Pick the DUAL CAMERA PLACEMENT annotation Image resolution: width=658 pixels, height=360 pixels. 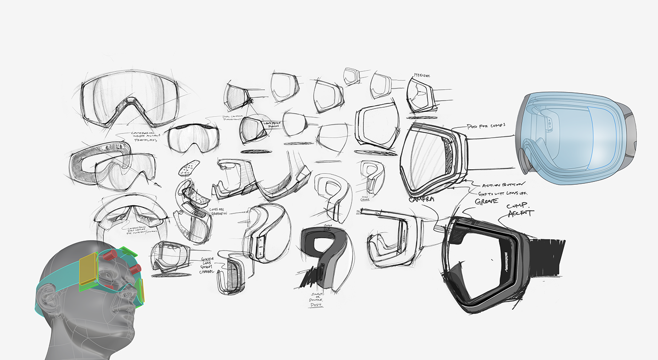tap(235, 117)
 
